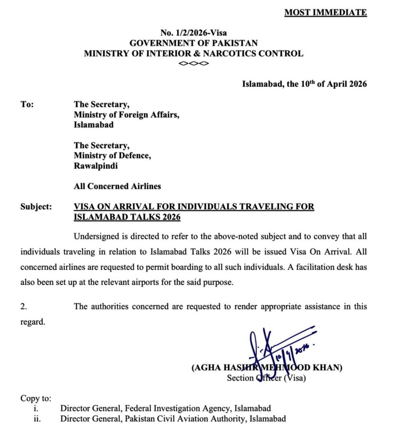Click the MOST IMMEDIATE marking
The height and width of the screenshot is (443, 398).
(x=325, y=12)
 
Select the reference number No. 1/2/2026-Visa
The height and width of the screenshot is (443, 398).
(x=193, y=33)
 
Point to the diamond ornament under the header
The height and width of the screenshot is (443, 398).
(x=194, y=64)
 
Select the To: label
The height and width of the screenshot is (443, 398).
(x=27, y=104)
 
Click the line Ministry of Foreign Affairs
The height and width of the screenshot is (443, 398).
(x=126, y=115)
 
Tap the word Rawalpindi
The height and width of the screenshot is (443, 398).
(x=95, y=166)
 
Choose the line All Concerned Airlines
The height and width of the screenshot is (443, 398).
(x=117, y=186)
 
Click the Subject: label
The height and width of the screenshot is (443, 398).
(x=36, y=206)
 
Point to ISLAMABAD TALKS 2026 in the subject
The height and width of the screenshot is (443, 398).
(x=127, y=217)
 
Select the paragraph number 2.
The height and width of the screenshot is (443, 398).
(x=24, y=307)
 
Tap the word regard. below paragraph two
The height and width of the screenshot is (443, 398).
(x=33, y=322)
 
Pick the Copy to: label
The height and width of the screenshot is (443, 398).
(x=36, y=398)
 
